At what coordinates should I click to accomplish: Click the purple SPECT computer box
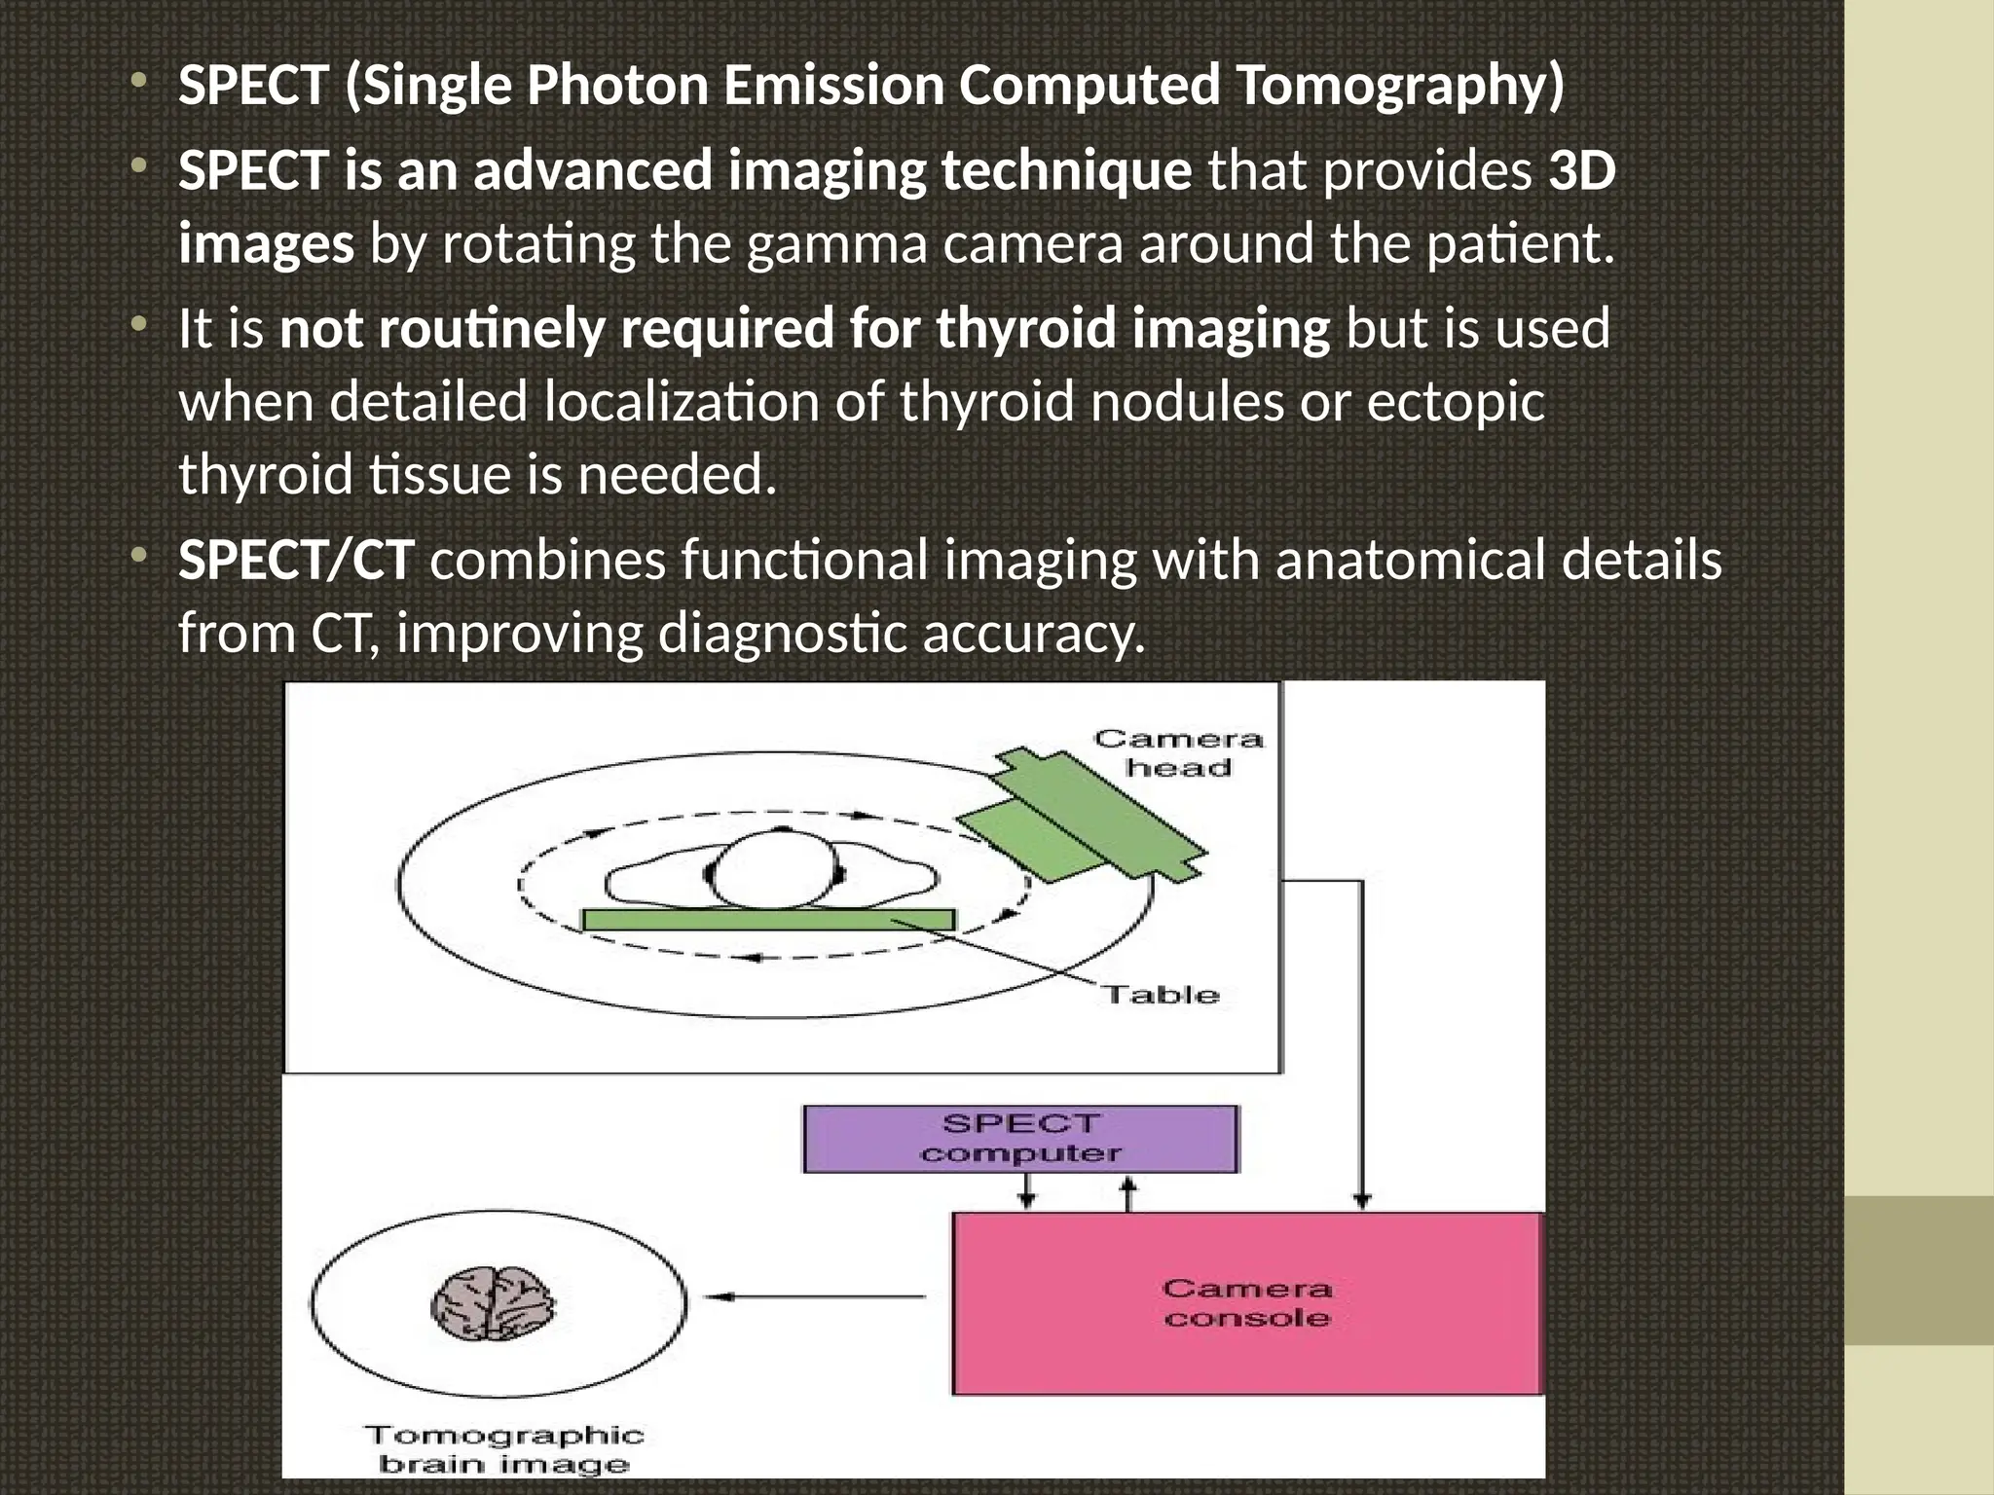(x=1019, y=1139)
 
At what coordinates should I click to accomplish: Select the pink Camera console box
(x=1247, y=1303)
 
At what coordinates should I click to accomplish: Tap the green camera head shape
(x=1082, y=819)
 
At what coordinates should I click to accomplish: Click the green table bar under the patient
(x=768, y=919)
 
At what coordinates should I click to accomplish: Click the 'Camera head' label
(x=1178, y=753)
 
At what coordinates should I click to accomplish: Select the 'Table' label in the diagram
(x=1161, y=995)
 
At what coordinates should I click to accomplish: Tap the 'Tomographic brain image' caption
(x=504, y=1449)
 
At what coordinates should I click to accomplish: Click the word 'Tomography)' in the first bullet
(x=1399, y=86)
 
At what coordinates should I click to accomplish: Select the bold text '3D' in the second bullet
(x=1582, y=171)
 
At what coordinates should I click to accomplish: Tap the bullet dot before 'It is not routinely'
(x=140, y=322)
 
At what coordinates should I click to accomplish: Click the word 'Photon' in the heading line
(x=617, y=86)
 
